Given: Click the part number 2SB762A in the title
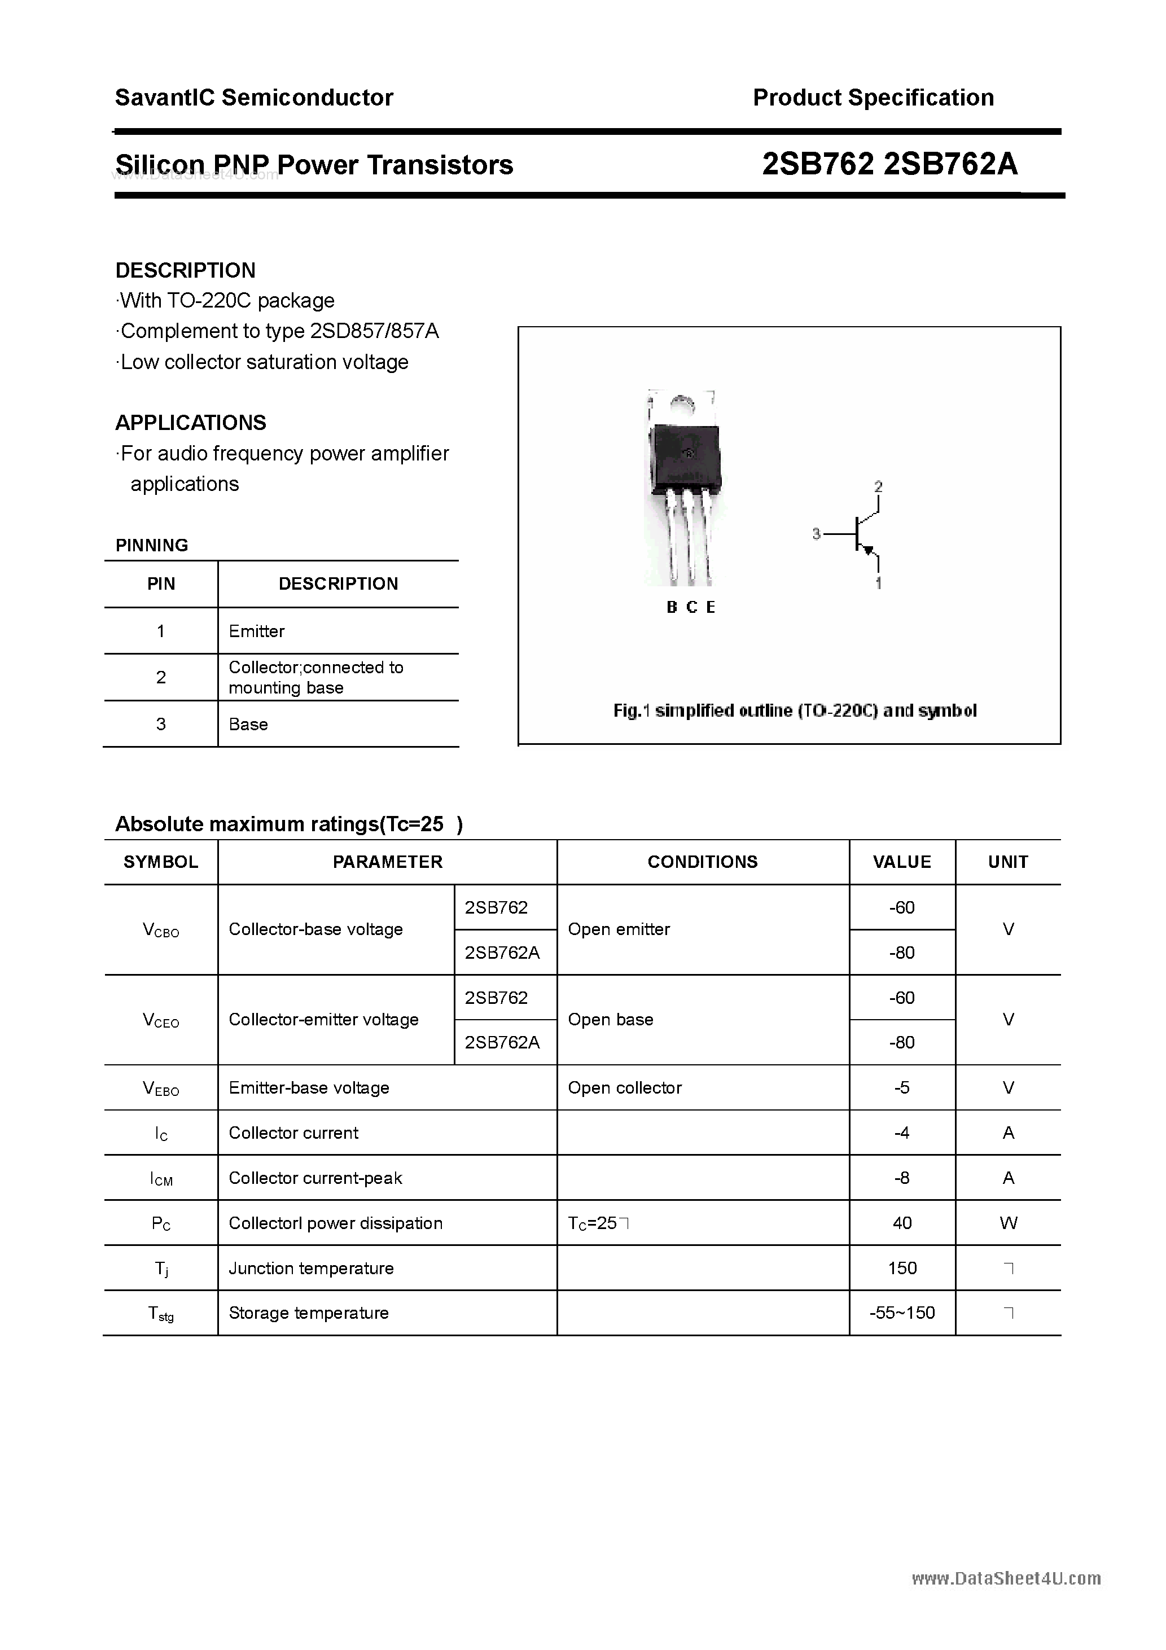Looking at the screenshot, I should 950,165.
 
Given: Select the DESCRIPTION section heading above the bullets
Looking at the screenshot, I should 186,270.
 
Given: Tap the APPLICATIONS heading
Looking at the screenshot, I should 191,423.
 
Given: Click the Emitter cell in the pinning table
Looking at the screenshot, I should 257,631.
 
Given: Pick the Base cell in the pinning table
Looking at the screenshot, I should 248,725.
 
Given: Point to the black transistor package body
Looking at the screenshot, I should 685,457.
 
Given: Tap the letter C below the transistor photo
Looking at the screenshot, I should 691,607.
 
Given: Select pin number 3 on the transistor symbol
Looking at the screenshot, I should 816,534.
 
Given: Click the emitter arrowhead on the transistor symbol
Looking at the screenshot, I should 869,551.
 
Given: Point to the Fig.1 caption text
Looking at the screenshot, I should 794,711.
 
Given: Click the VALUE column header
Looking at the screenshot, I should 901,862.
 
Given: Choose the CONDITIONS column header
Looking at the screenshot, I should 702,862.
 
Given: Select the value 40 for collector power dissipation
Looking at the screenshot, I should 901,1223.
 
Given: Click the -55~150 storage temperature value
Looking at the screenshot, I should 901,1313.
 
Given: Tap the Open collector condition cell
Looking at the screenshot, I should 624,1088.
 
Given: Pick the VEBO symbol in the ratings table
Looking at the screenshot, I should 161,1089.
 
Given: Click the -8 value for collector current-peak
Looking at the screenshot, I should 901,1178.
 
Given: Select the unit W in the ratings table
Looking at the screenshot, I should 1008,1223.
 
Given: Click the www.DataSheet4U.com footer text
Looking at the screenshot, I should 1006,1579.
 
